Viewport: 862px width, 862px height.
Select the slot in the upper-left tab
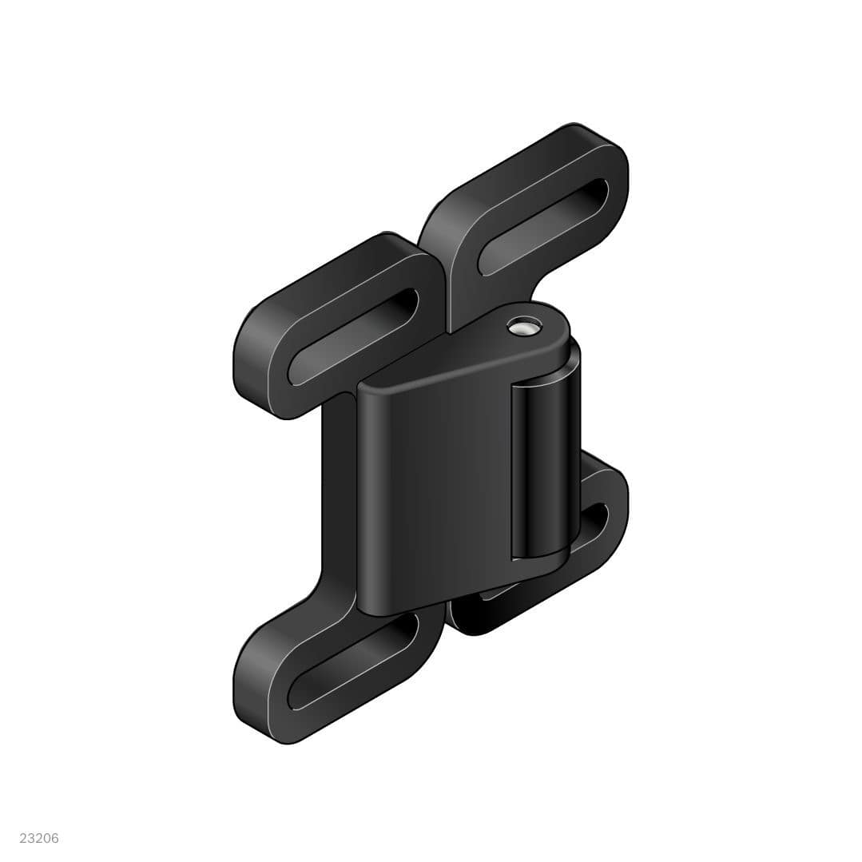355,336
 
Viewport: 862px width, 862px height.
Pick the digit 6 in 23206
54,838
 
